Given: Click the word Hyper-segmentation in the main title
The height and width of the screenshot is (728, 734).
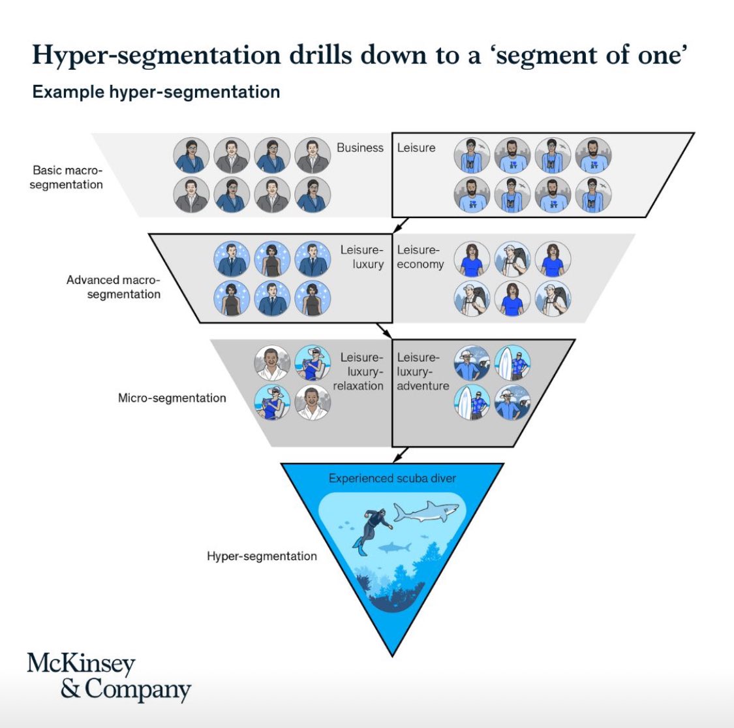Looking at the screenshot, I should (156, 55).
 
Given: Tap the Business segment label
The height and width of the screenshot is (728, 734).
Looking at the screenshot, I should (359, 148).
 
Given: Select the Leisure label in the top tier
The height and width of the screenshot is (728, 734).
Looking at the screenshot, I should (416, 148).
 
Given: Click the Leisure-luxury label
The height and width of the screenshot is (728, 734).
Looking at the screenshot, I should (361, 257).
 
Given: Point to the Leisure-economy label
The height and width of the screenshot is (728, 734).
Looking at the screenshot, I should (420, 257).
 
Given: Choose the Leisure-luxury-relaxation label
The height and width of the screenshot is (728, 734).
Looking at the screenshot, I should (358, 372).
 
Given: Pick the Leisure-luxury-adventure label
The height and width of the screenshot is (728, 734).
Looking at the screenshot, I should (423, 372).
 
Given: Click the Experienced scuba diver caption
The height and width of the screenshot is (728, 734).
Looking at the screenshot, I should (392, 479).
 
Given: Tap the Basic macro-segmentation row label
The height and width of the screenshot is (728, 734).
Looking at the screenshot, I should (67, 178).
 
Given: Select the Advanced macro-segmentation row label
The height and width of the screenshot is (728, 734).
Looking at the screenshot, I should (114, 287).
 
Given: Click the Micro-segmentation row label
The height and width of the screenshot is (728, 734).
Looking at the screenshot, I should (172, 398).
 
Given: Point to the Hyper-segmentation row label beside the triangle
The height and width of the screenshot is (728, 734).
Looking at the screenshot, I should (262, 556).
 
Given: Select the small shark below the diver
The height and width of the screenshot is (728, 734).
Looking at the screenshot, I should (394, 546).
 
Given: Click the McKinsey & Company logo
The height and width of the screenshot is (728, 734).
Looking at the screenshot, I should (108, 677).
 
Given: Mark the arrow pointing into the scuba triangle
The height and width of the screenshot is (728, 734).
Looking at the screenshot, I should (401, 454).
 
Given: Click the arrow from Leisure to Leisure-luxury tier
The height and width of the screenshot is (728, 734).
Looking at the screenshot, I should (400, 225).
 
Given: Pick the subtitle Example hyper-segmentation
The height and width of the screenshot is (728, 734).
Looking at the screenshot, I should (156, 91).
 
